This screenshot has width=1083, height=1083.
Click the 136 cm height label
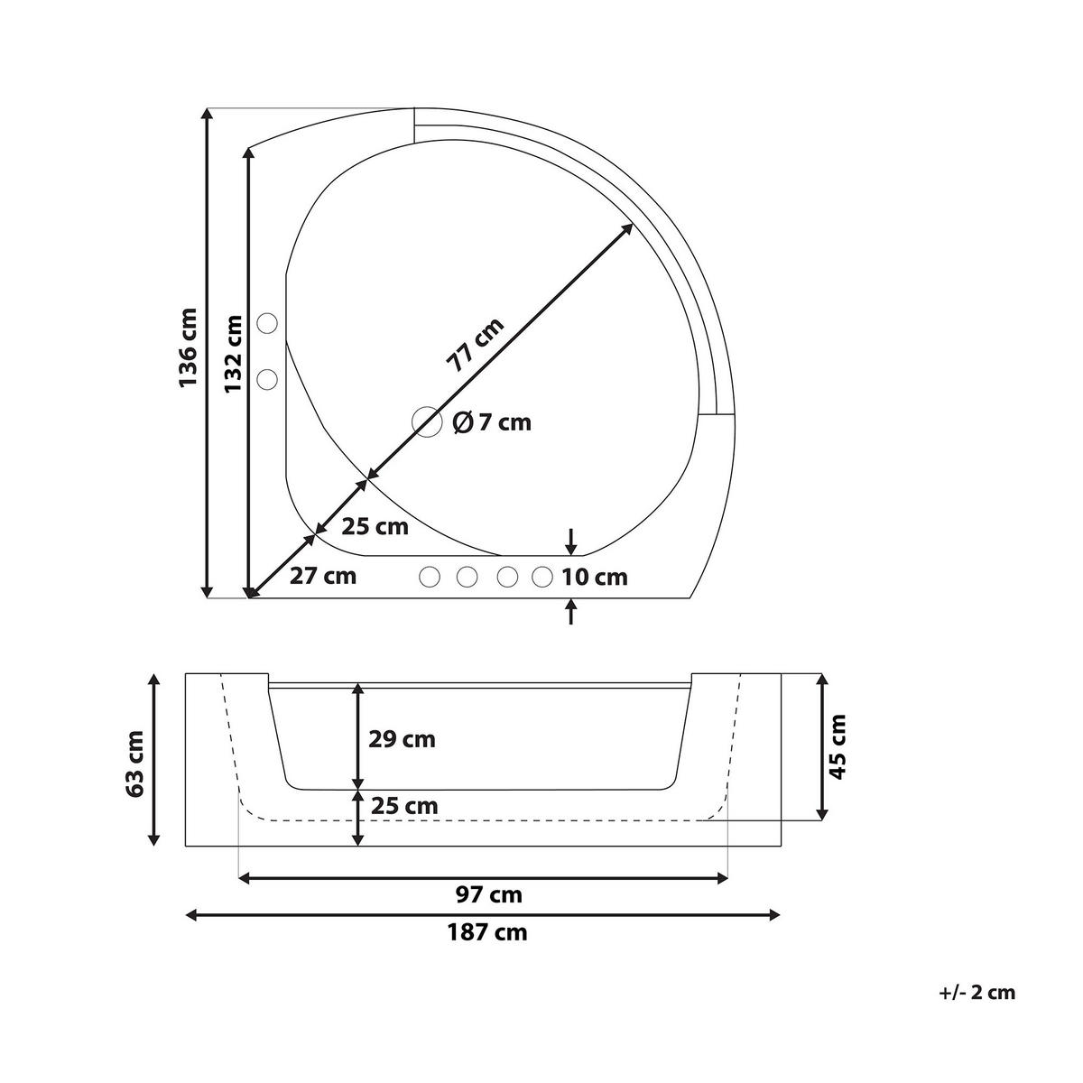tap(188, 348)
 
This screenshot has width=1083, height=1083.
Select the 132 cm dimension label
tap(234, 353)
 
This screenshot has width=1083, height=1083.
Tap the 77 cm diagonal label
tap(476, 345)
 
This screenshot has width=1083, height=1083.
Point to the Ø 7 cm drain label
tap(492, 421)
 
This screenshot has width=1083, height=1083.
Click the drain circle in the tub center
tap(426, 421)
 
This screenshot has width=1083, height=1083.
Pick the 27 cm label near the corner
tap(323, 576)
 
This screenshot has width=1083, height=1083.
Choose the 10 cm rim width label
tap(594, 578)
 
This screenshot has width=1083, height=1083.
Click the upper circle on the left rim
tap(267, 322)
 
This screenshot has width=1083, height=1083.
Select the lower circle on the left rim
tap(267, 380)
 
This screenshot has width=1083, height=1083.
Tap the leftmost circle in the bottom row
tap(430, 576)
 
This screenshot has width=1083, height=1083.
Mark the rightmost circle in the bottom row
tap(541, 576)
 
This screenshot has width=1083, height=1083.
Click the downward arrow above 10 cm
tap(570, 541)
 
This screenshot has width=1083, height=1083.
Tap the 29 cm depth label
tap(402, 739)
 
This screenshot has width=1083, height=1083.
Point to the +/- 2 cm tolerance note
tap(977, 993)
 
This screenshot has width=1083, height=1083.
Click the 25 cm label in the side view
tap(403, 805)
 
